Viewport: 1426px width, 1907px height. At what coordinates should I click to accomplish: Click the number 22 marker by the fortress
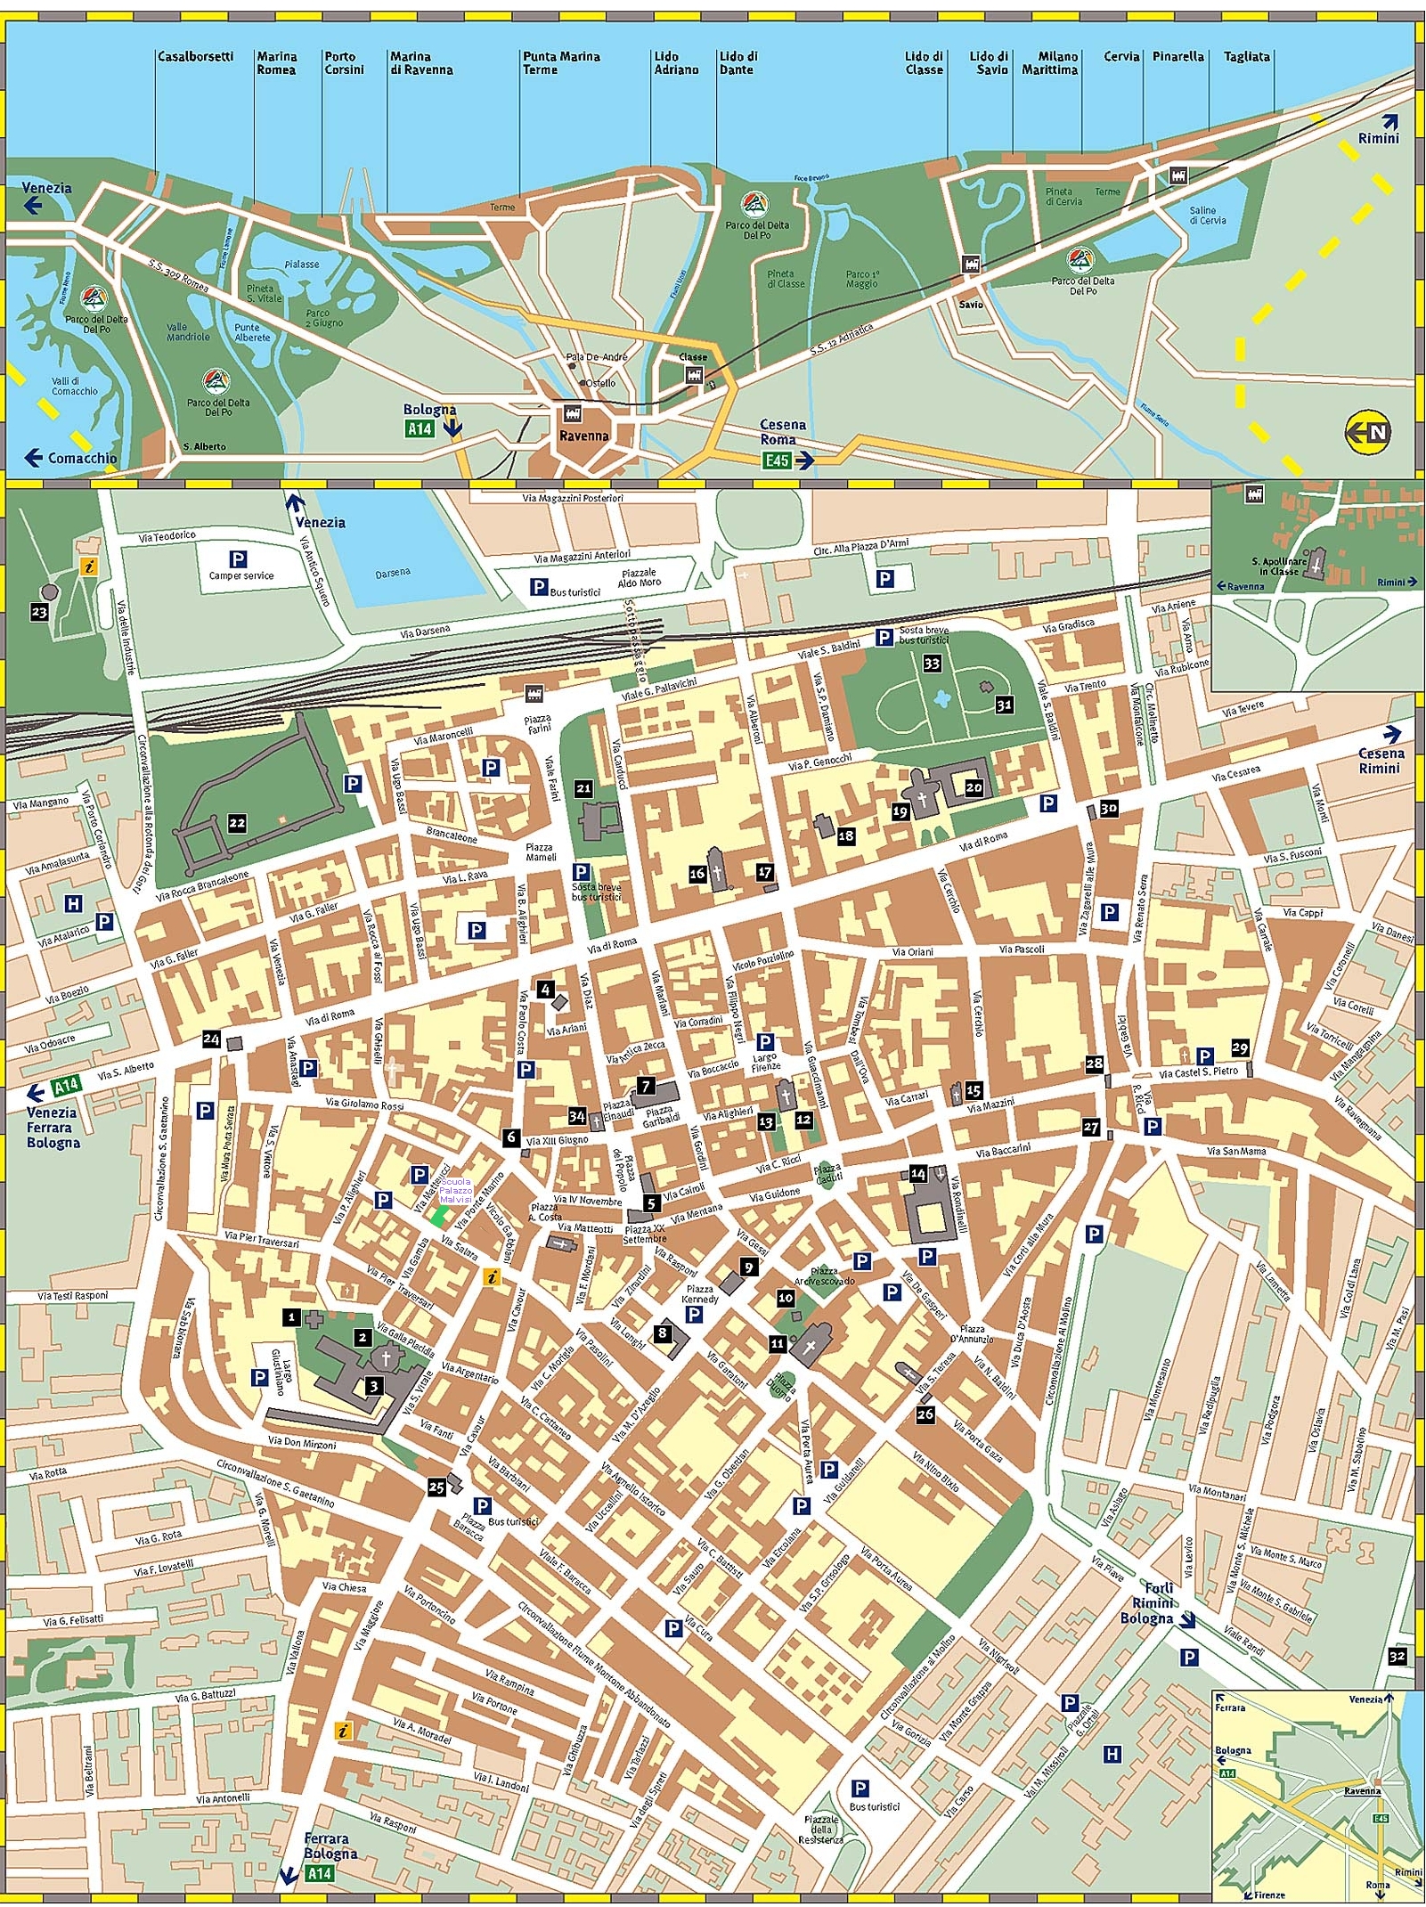click(x=237, y=823)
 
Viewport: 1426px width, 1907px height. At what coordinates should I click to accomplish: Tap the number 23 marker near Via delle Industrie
click(x=39, y=612)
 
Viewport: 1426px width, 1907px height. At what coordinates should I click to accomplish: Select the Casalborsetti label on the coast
click(x=195, y=56)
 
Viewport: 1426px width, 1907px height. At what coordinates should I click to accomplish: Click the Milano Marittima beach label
click(x=1050, y=62)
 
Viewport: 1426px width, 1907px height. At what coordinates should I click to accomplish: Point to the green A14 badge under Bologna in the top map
click(x=420, y=429)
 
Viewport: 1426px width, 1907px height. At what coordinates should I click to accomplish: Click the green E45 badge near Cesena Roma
click(x=777, y=460)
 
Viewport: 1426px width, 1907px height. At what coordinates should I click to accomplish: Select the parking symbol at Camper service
click(x=238, y=559)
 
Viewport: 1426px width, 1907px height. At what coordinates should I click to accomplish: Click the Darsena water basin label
click(x=393, y=573)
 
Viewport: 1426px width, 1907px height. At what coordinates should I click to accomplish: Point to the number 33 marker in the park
click(x=932, y=663)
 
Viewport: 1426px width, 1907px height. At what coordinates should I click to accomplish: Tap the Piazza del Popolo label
click(x=623, y=1172)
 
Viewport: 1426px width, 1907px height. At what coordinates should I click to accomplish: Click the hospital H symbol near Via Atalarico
click(x=73, y=904)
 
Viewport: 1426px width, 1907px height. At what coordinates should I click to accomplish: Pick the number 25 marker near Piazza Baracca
click(x=436, y=1487)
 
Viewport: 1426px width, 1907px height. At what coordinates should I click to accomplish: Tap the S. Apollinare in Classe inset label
click(x=1279, y=566)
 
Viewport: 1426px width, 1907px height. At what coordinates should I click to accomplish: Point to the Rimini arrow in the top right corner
click(x=1380, y=130)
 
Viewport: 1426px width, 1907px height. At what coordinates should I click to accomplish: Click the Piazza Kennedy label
click(x=699, y=1293)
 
